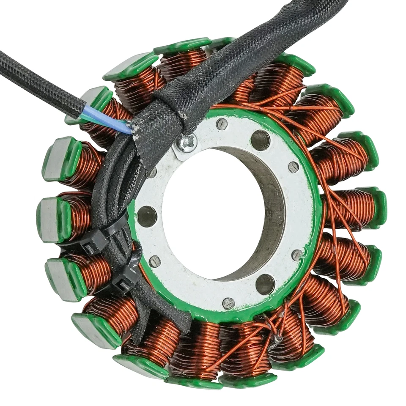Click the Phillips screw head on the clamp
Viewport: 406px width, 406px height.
click(x=187, y=143)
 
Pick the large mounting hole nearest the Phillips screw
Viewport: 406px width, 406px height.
click(x=260, y=140)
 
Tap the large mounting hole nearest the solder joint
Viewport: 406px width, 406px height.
click(x=265, y=284)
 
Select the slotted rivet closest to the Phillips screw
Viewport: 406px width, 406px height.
click(x=221, y=123)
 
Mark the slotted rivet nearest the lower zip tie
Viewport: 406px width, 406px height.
click(x=155, y=261)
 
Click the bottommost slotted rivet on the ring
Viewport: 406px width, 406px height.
click(x=228, y=303)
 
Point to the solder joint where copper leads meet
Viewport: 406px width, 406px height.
click(x=278, y=338)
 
